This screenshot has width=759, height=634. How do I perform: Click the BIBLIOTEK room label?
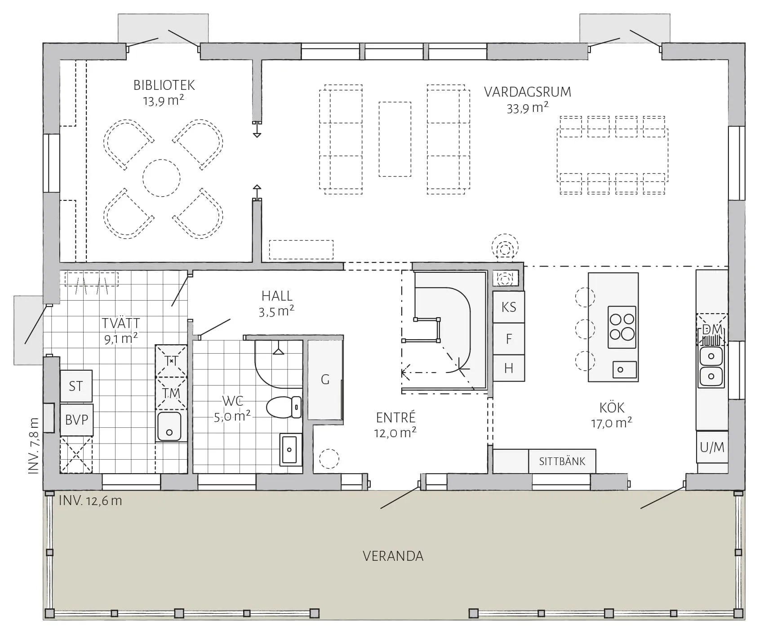pos(164,85)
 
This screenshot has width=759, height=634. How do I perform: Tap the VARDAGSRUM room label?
pos(528,92)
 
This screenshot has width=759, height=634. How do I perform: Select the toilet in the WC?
pos(284,407)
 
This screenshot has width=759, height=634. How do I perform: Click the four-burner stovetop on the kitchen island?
pos(622,327)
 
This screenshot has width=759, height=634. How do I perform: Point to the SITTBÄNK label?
pos(562,461)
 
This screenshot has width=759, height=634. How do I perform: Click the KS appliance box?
pos(509,307)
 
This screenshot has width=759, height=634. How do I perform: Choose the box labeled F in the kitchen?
pos(509,338)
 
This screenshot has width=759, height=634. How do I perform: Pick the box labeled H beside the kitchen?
pos(509,368)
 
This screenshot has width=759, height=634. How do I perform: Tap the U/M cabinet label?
pos(712,447)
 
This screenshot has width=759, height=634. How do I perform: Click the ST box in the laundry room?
pos(76,386)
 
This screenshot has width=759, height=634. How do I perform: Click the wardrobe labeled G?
pos(325,380)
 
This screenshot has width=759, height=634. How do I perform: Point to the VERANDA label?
pos(393,556)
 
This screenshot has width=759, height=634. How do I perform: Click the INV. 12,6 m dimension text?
pos(90,501)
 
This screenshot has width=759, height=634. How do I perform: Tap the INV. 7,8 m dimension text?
pos(34,446)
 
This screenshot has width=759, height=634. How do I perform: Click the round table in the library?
pos(161,178)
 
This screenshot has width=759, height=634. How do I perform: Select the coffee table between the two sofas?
pos(395,139)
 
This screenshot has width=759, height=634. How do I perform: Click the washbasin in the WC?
pos(289,449)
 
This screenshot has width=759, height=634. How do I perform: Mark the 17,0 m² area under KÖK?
pos(611,423)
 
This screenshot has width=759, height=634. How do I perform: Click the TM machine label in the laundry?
pos(171,393)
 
